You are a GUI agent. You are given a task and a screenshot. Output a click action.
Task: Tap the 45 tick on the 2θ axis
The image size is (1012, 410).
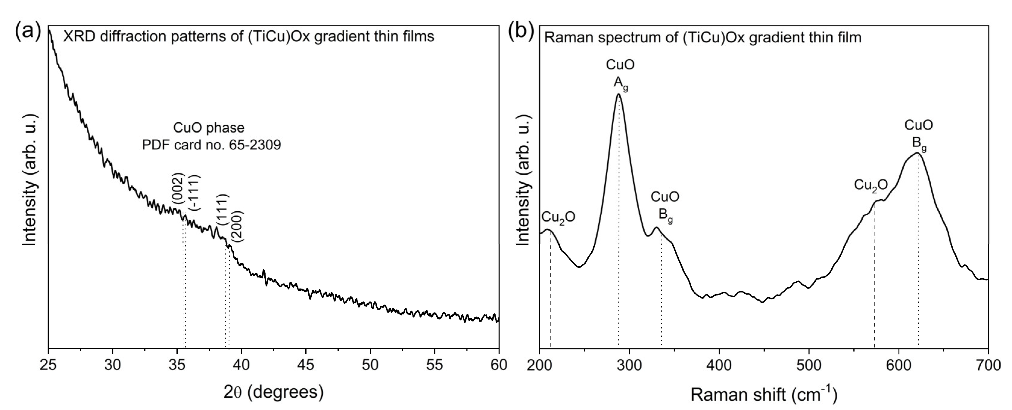[306, 365]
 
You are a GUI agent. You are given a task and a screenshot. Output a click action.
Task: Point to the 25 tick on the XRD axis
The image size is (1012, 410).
[48, 365]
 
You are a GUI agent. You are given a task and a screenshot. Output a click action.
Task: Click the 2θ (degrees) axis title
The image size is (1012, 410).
[273, 392]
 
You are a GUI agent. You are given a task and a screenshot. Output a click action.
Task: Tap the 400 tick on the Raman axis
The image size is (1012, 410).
[719, 365]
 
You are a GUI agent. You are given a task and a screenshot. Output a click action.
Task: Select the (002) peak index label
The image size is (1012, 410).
[178, 189]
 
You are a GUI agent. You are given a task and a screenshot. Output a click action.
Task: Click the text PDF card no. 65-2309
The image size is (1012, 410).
[211, 145]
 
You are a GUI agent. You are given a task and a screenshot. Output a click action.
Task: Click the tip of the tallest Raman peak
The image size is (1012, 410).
[618, 94]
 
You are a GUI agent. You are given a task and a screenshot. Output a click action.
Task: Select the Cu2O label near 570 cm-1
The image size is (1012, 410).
[871, 184]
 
